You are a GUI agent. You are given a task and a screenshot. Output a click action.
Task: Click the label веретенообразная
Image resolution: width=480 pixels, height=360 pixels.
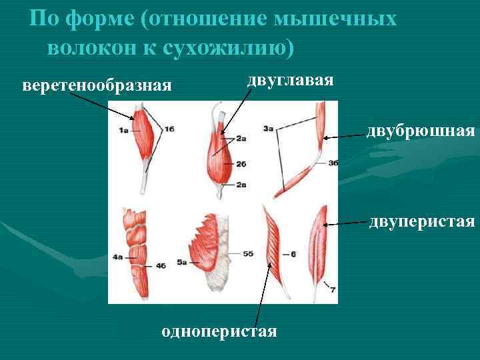pyautogui.click(x=97, y=86)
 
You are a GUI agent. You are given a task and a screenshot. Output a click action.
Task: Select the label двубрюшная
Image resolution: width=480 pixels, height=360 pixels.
pyautogui.click(x=420, y=131)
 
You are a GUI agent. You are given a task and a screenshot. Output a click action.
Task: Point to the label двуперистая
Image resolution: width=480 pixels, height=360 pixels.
pyautogui.click(x=423, y=220)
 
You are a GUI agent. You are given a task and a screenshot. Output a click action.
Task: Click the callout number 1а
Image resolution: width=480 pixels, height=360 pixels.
pyautogui.click(x=123, y=132)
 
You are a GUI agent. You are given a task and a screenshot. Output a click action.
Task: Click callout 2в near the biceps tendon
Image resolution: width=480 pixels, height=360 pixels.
pyautogui.click(x=241, y=184)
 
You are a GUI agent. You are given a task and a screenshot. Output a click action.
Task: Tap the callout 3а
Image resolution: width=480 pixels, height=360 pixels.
pyautogui.click(x=269, y=127)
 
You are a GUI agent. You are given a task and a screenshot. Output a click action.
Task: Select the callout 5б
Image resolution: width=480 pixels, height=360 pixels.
pyautogui.click(x=247, y=253)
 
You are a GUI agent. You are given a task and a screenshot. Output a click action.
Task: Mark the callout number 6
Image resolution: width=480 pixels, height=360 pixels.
pyautogui.click(x=293, y=253)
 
